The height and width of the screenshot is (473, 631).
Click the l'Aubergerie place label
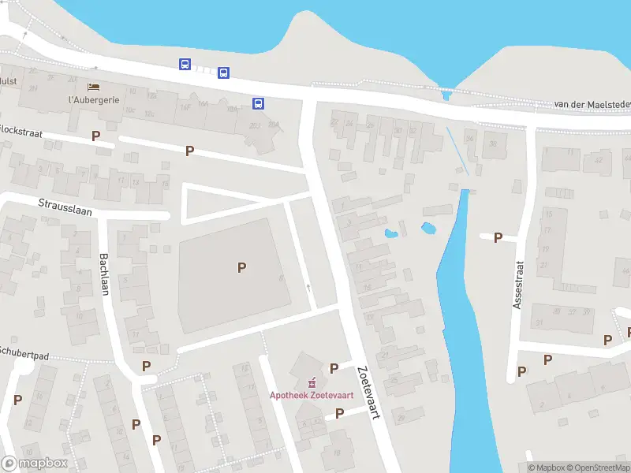pos(94,101)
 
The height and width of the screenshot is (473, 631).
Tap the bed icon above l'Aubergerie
pos(94,87)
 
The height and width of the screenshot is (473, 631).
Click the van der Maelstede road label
pos(592,105)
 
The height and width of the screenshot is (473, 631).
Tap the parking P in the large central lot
pos(241,267)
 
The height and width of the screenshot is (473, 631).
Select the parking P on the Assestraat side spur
pos(498,237)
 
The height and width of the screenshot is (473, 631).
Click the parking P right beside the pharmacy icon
pos(334,368)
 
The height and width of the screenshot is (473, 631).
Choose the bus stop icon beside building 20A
pos(258,103)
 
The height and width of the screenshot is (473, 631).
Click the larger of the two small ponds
pos(428,229)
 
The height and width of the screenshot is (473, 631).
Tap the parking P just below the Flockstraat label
pos(96,136)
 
